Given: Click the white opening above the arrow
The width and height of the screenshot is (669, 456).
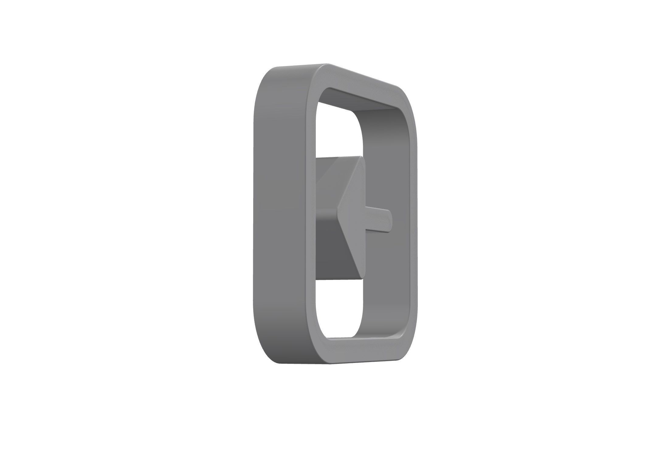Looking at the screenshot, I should [337, 134].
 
